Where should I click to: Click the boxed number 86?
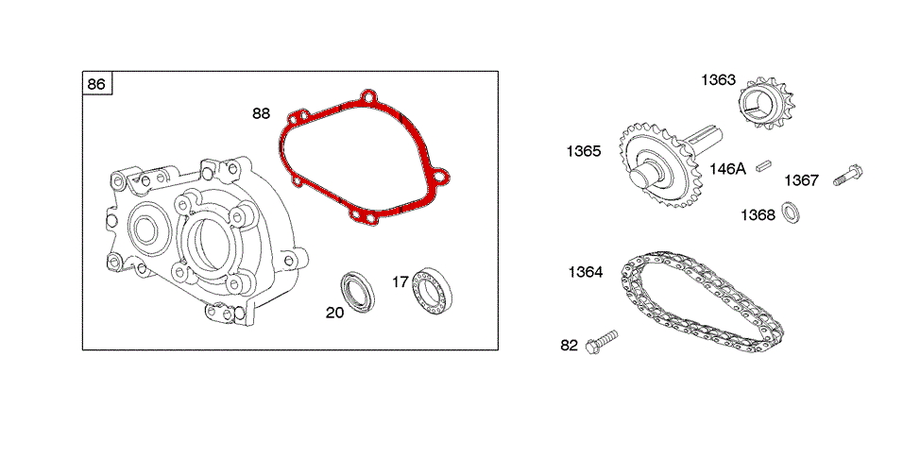click(x=96, y=84)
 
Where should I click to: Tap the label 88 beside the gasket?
click(x=261, y=113)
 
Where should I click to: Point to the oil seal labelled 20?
click(x=356, y=292)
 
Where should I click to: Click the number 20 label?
click(x=334, y=313)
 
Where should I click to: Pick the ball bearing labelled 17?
click(x=432, y=290)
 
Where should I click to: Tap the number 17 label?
click(x=400, y=282)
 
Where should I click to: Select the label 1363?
click(x=718, y=80)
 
